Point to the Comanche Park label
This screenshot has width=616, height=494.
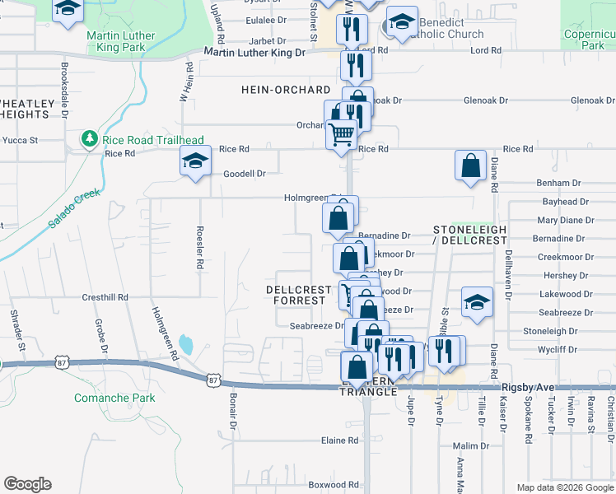click(x=114, y=398)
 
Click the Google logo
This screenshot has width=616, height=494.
click(x=27, y=484)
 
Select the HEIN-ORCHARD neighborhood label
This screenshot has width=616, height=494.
click(x=286, y=89)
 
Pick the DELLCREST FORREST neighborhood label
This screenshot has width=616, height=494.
click(x=297, y=295)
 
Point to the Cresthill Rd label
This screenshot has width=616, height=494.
click(x=105, y=296)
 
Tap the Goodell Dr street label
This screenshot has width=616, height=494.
click(x=245, y=174)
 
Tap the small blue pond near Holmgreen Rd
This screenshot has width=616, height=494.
click(x=185, y=343)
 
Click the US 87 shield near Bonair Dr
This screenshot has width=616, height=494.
click(x=213, y=380)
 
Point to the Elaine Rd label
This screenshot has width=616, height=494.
click(x=339, y=440)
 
